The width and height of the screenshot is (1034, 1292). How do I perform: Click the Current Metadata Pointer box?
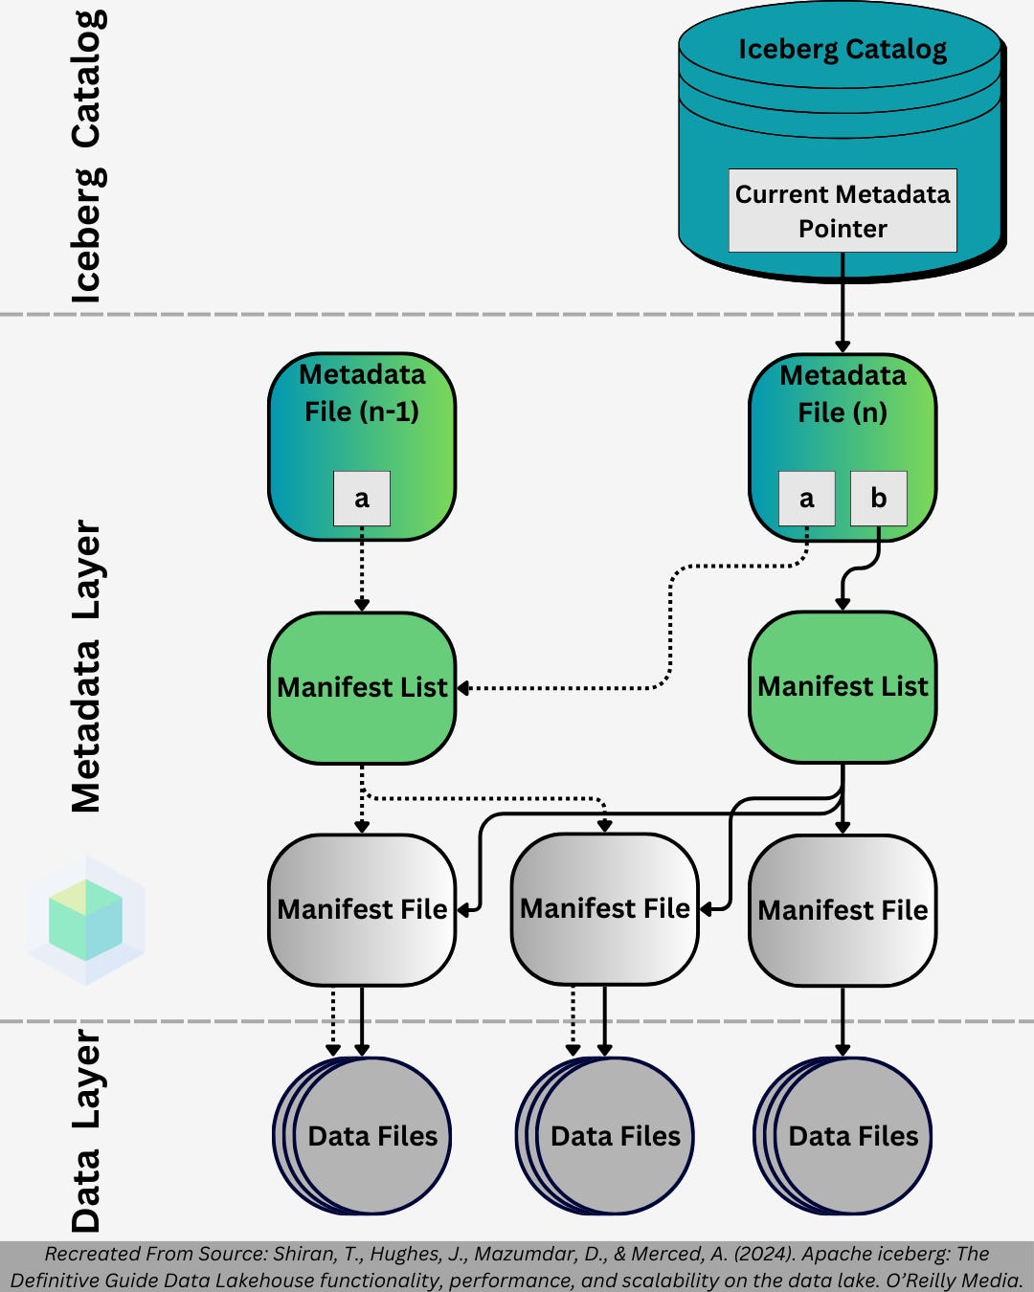coord(843,211)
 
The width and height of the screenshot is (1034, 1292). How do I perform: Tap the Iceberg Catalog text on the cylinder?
coord(843,50)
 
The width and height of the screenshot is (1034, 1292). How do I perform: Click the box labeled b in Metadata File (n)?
coord(878,498)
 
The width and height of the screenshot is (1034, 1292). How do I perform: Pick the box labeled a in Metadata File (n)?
coord(807,498)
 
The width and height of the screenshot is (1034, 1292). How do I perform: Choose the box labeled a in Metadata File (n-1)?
coord(362,498)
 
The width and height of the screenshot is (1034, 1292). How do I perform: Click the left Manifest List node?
coord(362,687)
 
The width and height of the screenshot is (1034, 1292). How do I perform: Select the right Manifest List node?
coord(843,686)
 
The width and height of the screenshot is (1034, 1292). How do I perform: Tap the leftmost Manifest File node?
coord(362,909)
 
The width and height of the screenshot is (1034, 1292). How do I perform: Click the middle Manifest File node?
coord(605,908)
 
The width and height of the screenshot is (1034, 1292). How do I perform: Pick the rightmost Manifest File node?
coord(843,910)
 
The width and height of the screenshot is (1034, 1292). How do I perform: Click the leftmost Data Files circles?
coord(369,1136)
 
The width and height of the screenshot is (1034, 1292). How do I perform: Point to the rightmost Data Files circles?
coord(849,1136)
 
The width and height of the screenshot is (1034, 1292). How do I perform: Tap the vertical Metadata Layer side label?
coord(86,666)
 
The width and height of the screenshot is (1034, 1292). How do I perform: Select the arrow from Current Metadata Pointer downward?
coord(843,301)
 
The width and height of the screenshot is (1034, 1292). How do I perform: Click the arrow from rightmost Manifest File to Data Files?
coord(843,1020)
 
